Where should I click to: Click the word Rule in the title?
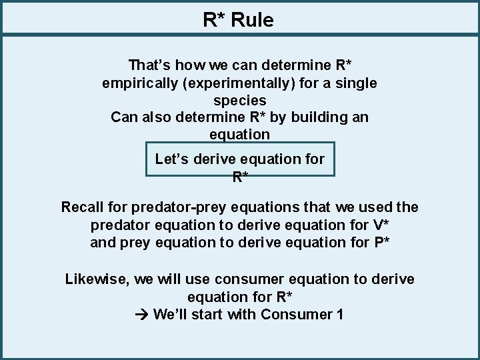(x=253, y=20)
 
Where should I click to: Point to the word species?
(x=240, y=101)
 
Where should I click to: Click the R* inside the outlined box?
(x=240, y=177)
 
